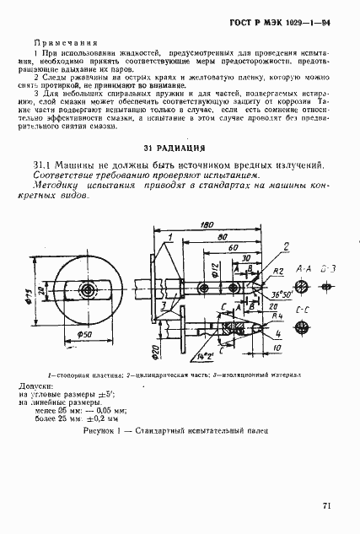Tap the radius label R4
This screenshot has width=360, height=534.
pyautogui.click(x=277, y=316)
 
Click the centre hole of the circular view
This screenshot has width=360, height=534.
pyautogui.click(x=88, y=289)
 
